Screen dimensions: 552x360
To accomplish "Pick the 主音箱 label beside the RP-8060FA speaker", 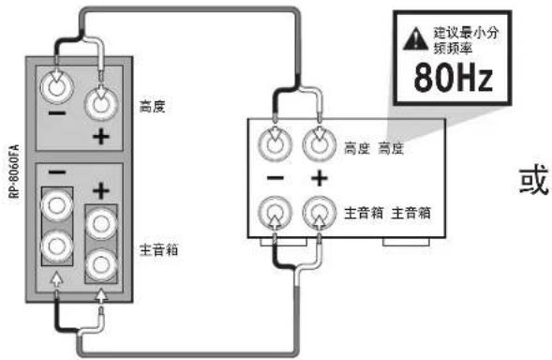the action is [x=160, y=250].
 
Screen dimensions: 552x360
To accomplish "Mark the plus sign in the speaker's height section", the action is [x=100, y=138].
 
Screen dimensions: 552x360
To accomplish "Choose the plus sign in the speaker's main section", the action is [x=101, y=189].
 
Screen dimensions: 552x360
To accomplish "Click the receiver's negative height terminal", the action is [x=273, y=143].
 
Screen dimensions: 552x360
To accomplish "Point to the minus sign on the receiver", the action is [x=273, y=178].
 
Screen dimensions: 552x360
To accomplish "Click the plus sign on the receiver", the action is [x=319, y=178].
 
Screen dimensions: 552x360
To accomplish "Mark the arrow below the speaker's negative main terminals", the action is [x=57, y=278].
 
